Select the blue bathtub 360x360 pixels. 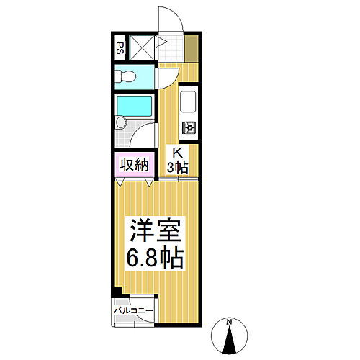click(x=134, y=107)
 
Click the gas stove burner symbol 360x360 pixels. click(x=189, y=127)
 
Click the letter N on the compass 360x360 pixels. click(x=228, y=322)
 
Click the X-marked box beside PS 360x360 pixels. click(x=142, y=49)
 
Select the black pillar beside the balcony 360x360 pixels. click(x=117, y=292)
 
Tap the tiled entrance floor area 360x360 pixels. click(x=171, y=49)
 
